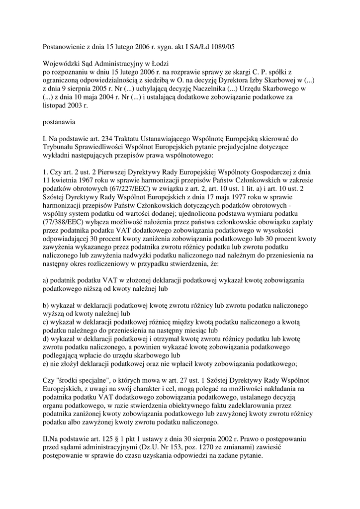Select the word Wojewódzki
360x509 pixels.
coord(62,64)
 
